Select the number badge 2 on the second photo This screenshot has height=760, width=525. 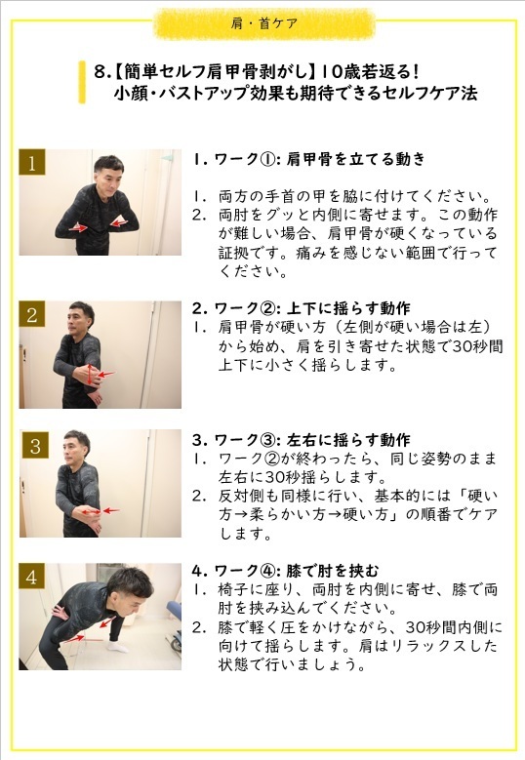pos(32,315)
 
